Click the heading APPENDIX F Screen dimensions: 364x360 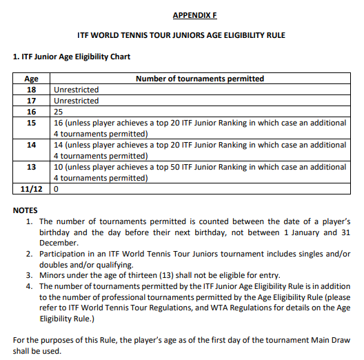point(194,14)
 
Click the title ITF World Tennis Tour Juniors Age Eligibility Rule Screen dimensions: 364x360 point(181,34)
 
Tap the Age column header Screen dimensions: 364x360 point(32,79)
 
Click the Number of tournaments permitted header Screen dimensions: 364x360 point(200,79)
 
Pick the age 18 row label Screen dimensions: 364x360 point(32,90)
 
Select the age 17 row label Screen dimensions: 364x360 point(32,101)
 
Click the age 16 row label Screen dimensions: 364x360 point(32,112)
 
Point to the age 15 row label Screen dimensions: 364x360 point(32,123)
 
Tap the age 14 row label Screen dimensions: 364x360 point(32,145)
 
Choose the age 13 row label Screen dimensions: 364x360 point(32,167)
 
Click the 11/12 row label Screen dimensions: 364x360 point(32,188)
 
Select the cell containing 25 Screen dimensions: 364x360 point(59,112)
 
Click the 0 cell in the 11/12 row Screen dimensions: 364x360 point(56,188)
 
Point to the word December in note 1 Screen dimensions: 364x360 point(59,243)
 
